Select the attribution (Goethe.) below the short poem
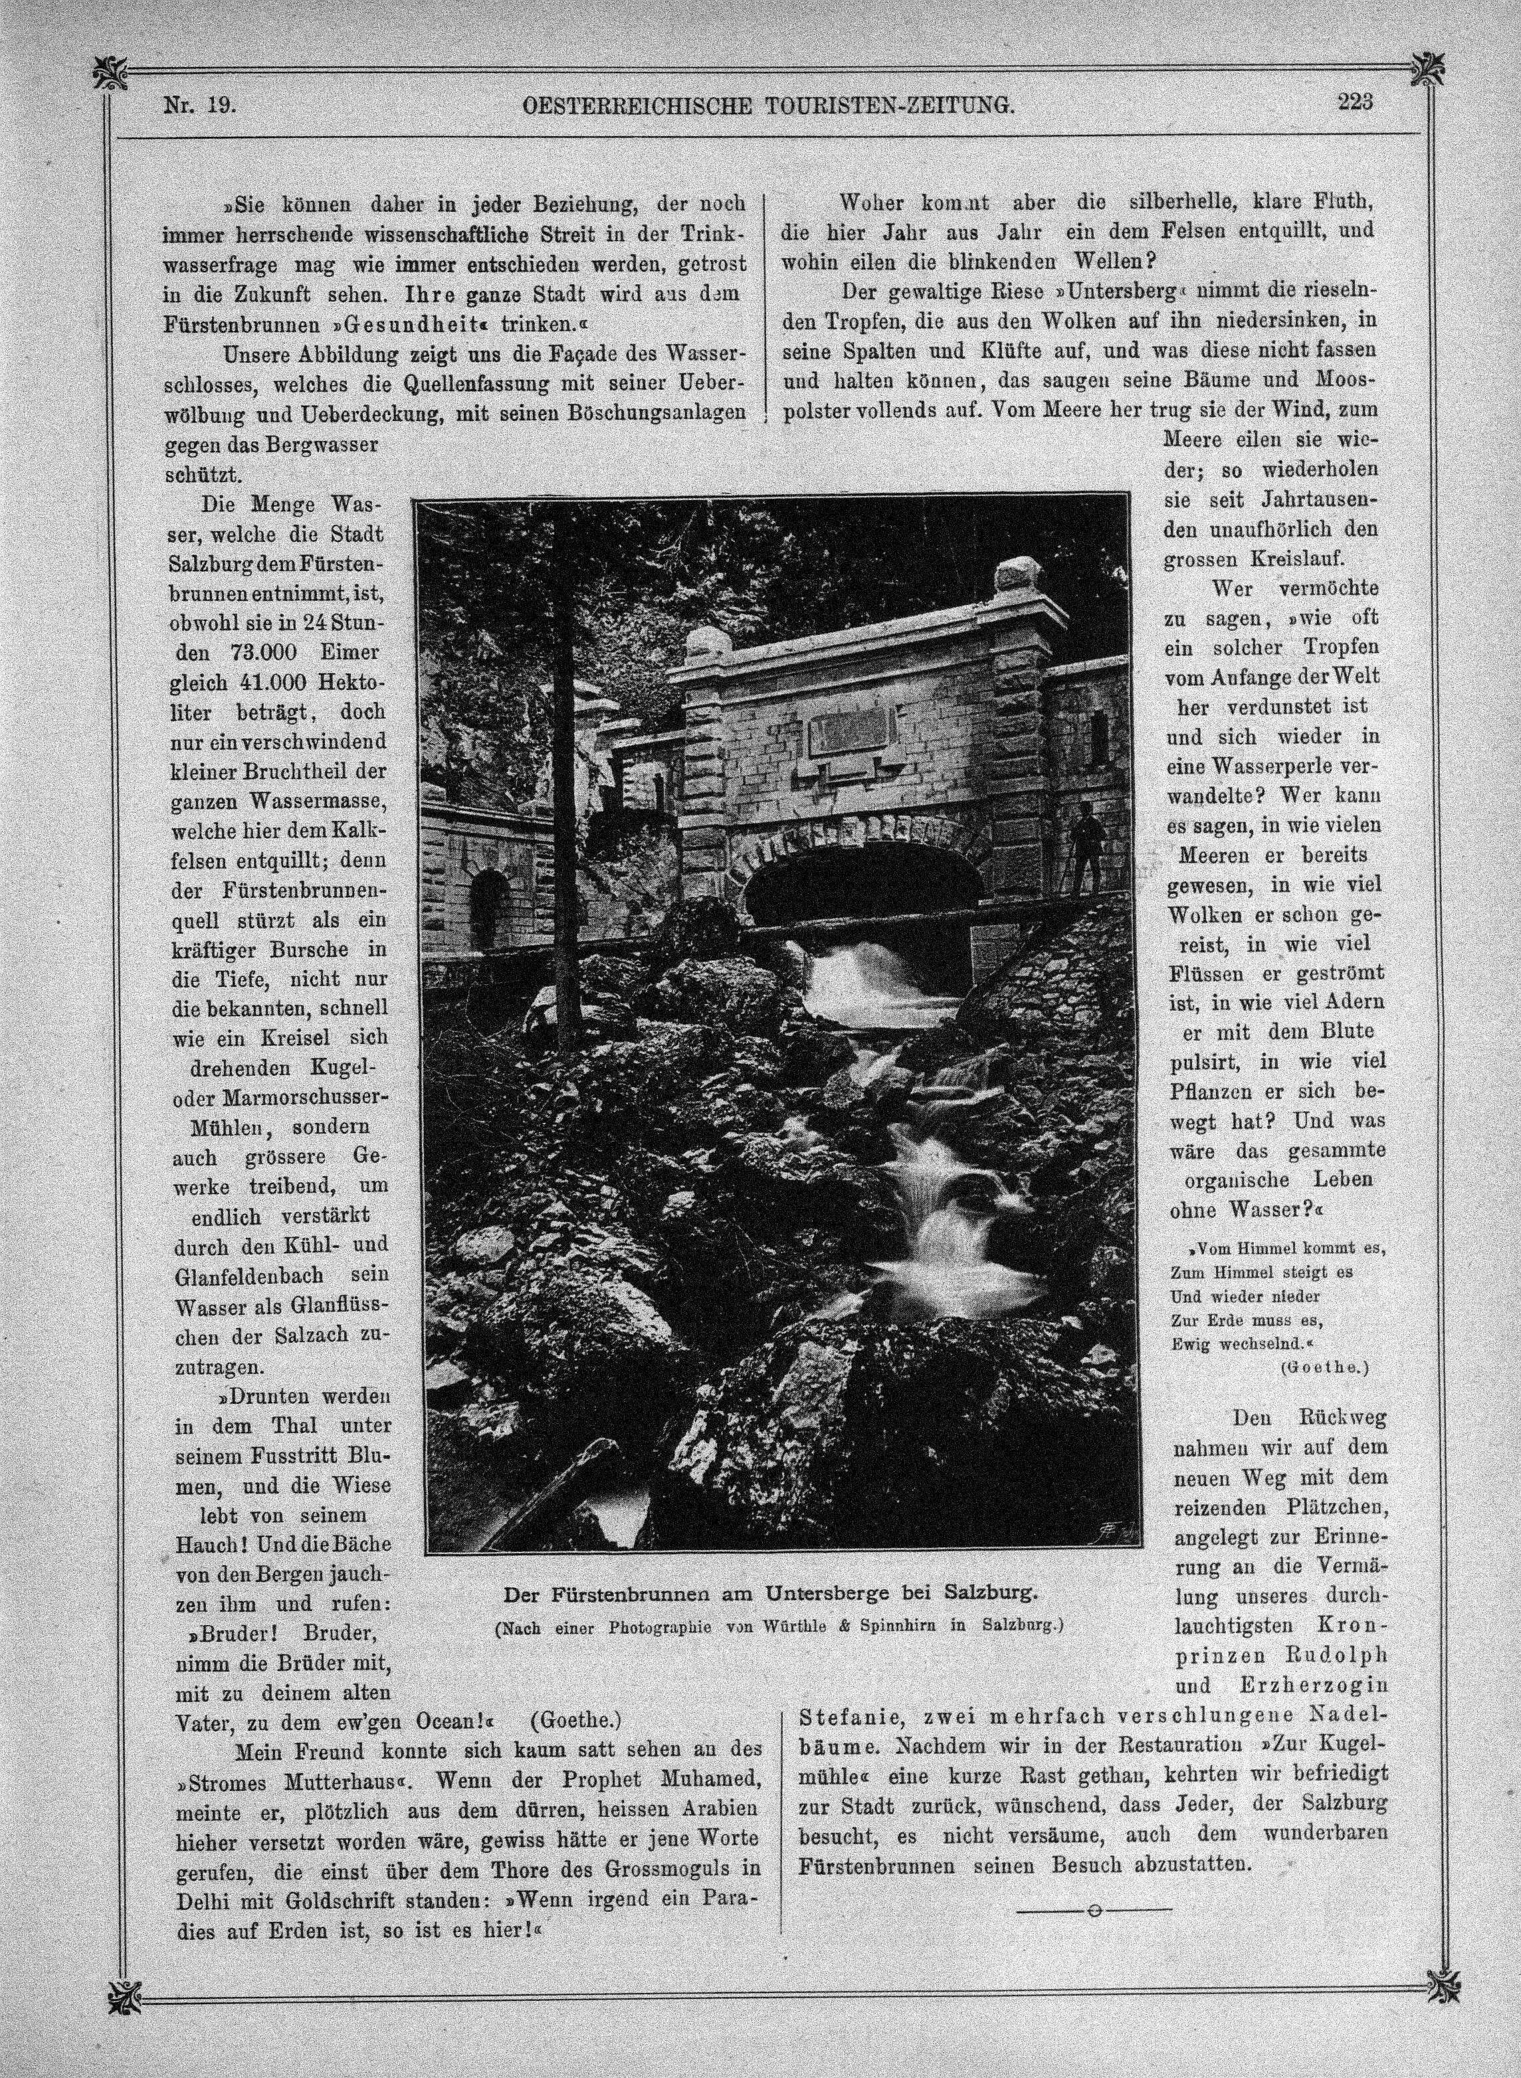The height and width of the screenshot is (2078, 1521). click(1323, 1367)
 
